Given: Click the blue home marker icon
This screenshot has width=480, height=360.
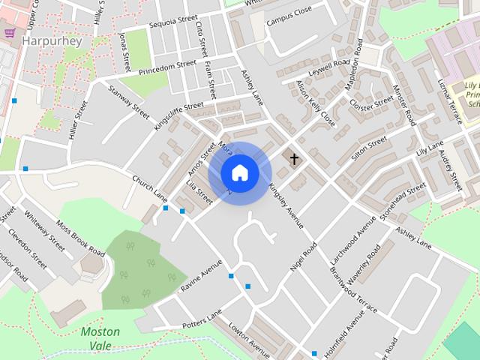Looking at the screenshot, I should click(240, 172).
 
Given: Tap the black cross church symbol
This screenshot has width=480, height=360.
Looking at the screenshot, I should click(294, 159).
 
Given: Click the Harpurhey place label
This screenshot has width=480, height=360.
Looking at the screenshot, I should click(52, 41).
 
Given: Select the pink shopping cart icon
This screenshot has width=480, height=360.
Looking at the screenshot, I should click(10, 33).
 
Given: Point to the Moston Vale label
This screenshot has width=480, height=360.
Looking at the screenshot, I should click(100, 338).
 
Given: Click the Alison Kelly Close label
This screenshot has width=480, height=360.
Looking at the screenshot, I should click(315, 102).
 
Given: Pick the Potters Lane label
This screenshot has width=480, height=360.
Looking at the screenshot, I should click(202, 320).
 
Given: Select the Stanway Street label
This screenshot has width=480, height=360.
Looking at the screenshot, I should click(129, 100).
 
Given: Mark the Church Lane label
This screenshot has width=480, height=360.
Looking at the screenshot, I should click(149, 187).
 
